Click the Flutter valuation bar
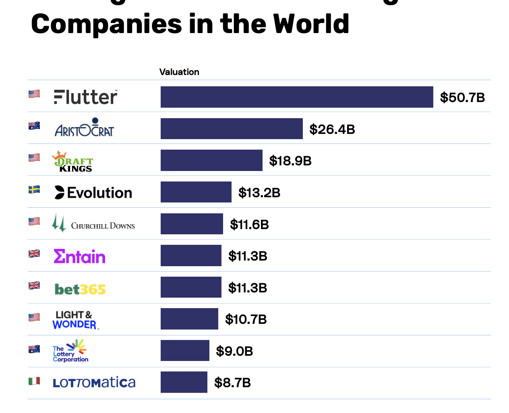point(297,97)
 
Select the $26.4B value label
point(332,129)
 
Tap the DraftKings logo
point(72,161)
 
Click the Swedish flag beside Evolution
point(34,190)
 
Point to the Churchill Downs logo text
point(103,225)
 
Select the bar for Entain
point(191,255)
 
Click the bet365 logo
point(80,289)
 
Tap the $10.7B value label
point(246,319)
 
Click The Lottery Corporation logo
point(70,350)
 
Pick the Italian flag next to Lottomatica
point(34,381)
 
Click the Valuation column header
point(179,72)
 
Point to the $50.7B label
point(462,97)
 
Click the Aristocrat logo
point(85,128)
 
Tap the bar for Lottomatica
point(184,382)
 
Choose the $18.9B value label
point(290,161)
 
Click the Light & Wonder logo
point(74,320)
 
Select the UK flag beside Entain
point(34,254)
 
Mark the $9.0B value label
point(234,351)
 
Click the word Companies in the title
point(107,24)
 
